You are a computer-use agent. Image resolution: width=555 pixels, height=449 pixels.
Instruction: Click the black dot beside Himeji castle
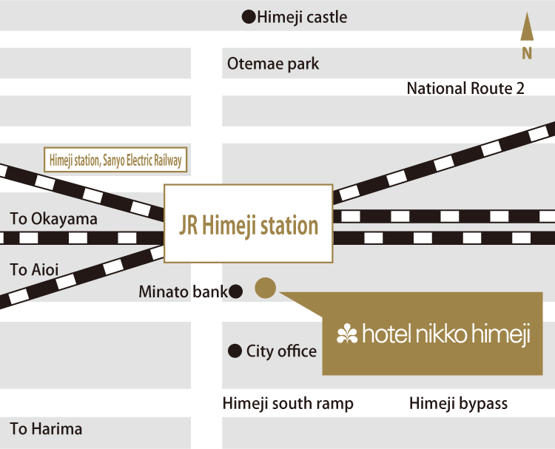249,16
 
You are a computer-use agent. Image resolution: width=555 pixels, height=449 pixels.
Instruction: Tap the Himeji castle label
302,17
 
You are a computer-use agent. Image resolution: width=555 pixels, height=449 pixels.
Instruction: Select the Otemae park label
273,64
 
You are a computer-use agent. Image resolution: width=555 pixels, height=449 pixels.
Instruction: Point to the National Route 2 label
465,88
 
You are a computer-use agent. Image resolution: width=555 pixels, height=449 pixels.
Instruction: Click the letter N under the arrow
527,53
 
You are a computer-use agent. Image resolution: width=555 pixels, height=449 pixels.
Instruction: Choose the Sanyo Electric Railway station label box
115,158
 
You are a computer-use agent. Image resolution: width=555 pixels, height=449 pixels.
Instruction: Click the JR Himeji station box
249,224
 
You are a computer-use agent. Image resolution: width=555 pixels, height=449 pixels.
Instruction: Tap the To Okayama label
53,219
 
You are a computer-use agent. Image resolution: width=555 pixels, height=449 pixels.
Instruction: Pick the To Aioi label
34,269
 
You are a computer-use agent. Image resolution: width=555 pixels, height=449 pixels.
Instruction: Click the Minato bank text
183,292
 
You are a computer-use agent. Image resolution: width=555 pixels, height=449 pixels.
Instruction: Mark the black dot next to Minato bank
236,292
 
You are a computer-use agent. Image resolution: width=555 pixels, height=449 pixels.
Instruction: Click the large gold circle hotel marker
265,288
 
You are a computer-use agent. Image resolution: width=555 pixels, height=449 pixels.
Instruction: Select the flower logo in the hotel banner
346,334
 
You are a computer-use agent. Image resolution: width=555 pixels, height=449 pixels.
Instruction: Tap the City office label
281,351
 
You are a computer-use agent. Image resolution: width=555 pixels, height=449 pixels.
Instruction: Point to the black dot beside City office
235,351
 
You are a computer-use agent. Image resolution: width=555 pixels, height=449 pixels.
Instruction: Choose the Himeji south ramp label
288,404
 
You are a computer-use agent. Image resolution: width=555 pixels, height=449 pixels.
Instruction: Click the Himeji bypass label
459,404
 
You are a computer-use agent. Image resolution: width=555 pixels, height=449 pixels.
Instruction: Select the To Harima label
46,428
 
